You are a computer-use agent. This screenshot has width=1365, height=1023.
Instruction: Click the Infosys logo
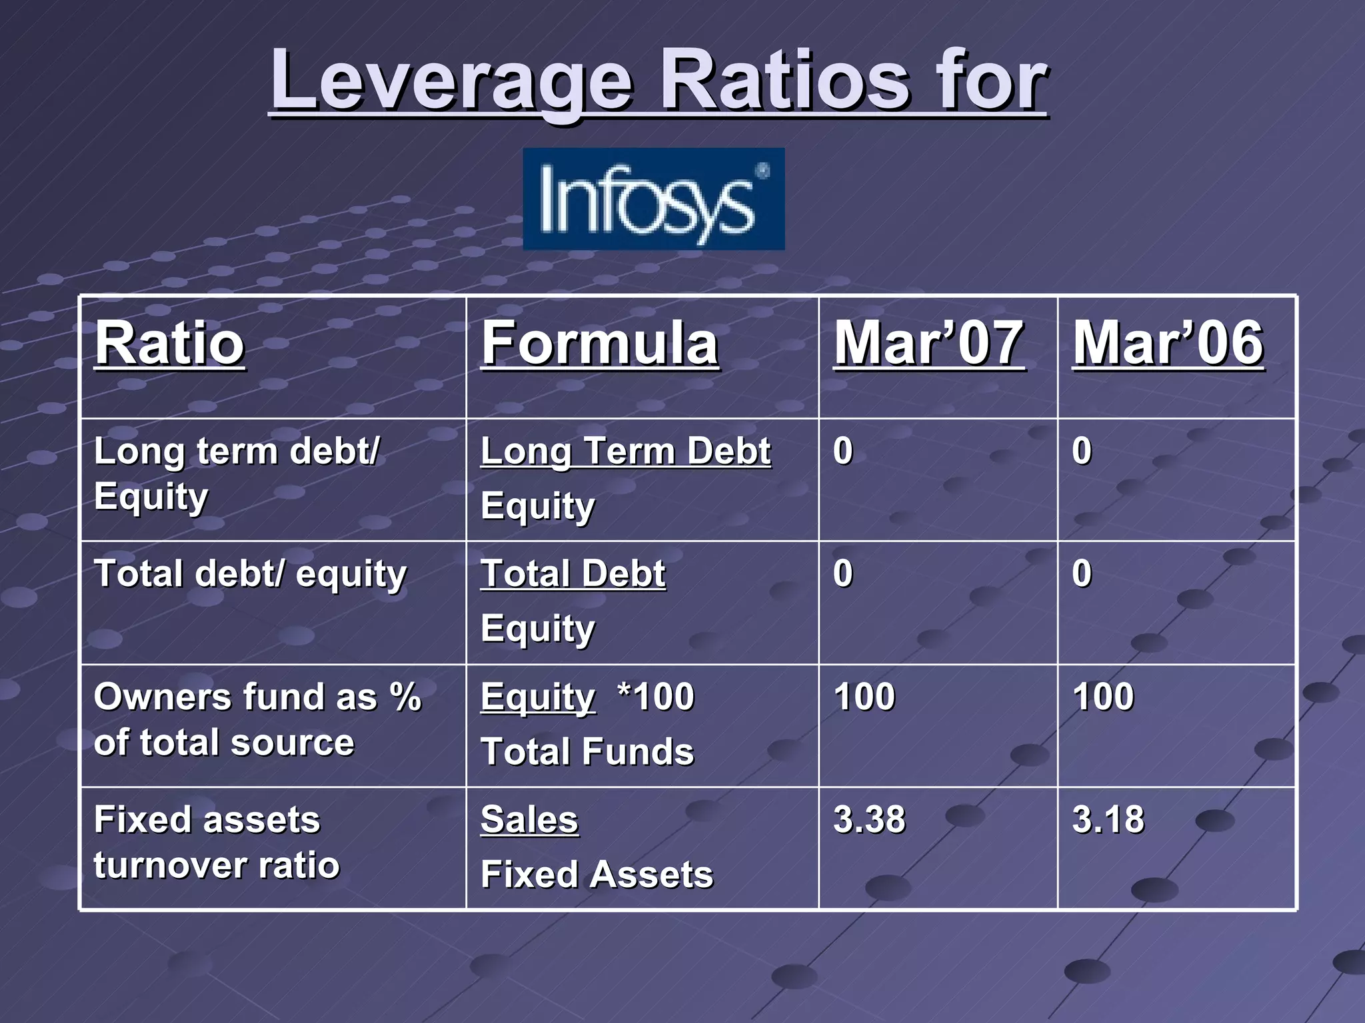653,199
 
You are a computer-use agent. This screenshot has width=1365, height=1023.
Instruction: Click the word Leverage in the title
451,81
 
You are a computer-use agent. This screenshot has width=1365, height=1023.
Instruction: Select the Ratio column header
170,343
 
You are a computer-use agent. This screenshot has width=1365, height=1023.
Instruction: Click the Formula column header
600,343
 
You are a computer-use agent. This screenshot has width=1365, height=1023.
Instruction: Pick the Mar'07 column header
928,343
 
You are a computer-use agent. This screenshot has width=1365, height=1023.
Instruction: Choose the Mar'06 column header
1168,343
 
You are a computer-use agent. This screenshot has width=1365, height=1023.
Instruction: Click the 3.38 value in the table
869,819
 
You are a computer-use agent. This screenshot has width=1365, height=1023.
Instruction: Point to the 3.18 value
1108,819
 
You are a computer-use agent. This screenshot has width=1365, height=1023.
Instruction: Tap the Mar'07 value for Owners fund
864,697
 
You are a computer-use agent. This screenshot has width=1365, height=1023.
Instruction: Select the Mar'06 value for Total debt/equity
1082,573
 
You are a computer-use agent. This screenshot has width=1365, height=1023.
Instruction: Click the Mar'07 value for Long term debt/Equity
843,451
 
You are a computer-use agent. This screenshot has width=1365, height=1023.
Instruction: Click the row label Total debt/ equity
250,574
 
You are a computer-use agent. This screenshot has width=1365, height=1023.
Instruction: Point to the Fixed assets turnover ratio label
217,843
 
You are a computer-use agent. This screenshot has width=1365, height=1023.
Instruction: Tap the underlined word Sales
529,819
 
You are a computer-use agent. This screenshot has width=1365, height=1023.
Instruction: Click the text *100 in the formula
656,697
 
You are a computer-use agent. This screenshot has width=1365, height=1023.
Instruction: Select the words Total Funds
587,752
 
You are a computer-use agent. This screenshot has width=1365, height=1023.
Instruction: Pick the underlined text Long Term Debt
625,452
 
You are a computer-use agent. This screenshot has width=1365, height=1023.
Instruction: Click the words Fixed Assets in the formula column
597,874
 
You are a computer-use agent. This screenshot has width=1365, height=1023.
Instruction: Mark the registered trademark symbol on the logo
761,171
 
